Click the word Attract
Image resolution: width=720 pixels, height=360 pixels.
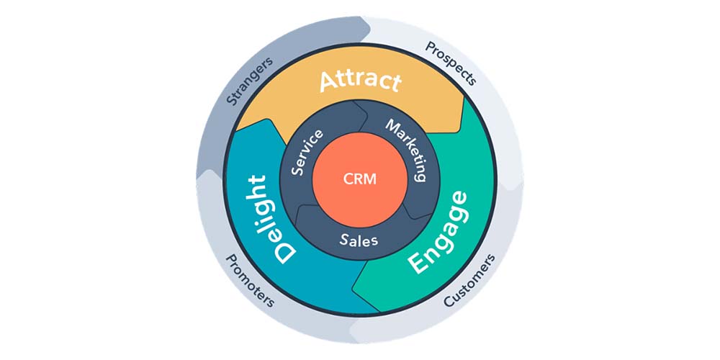point(359,81)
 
